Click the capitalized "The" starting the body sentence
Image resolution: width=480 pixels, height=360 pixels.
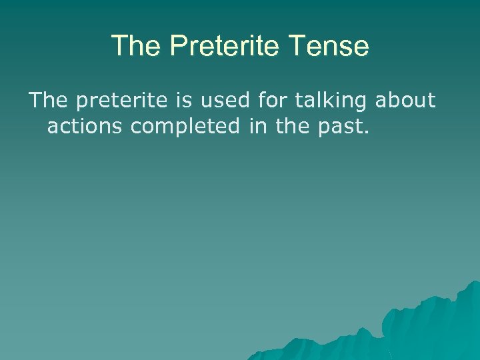[x=47, y=101]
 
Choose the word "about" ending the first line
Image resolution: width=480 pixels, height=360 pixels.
[x=405, y=101]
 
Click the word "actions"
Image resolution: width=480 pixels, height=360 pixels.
[x=85, y=126]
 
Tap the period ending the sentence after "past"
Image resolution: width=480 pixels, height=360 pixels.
[x=365, y=132]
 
